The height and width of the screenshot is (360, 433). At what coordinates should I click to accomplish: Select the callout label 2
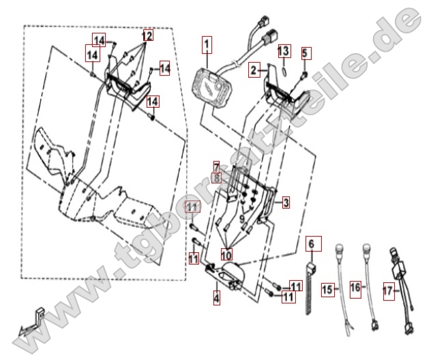[254, 70]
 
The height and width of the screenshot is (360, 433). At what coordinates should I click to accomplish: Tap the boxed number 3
[286, 202]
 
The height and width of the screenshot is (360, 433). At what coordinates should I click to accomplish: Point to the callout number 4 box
[216, 297]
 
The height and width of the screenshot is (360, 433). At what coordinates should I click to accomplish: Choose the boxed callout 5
[305, 52]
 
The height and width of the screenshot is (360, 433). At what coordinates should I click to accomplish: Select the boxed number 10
[226, 255]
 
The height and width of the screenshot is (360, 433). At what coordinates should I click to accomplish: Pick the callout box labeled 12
[147, 34]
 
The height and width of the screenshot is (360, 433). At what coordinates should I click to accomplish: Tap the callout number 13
[284, 50]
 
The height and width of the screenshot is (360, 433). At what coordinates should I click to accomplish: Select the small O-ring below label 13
[284, 69]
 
